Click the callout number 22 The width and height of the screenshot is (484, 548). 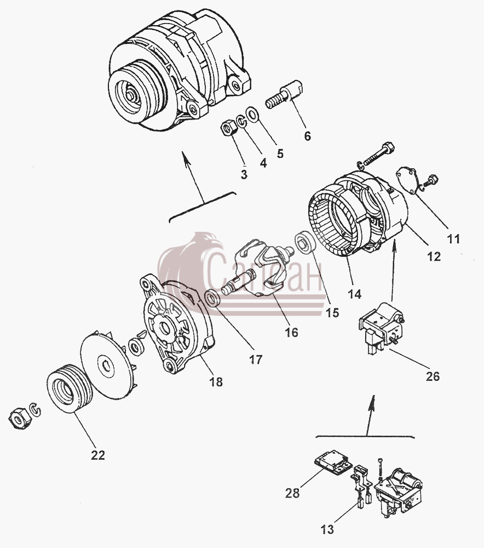[x=98, y=455]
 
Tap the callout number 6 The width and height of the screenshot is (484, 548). [x=307, y=136]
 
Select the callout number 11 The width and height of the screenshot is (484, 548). [x=454, y=239]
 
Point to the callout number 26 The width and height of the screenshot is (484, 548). [x=433, y=376]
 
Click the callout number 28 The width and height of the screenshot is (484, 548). [x=292, y=493]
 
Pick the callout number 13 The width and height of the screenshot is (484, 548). [x=327, y=529]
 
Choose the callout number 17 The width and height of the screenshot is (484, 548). [x=256, y=359]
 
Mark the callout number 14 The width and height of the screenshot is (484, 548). [x=354, y=294]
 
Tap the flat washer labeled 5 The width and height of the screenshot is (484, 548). [x=252, y=114]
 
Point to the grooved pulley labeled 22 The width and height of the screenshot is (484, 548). [x=70, y=388]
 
